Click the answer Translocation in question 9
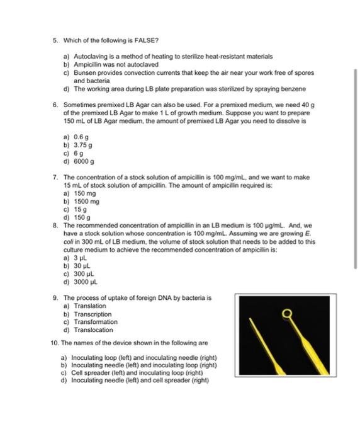click(x=88, y=330)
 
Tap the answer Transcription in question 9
click(x=88, y=314)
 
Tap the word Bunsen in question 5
click(x=84, y=72)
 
